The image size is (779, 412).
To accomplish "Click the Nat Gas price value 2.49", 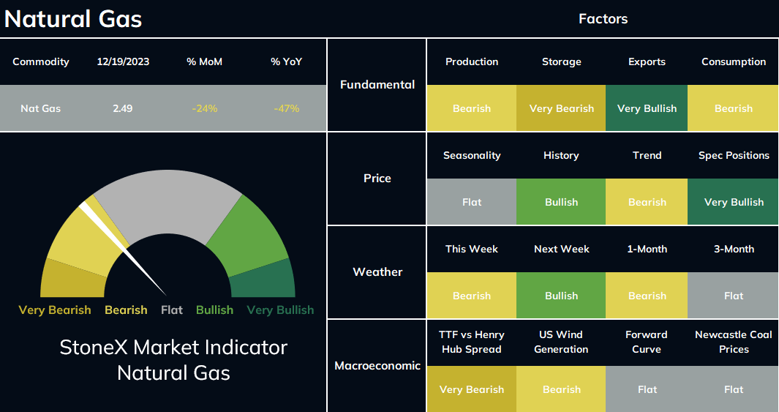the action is click(122, 108).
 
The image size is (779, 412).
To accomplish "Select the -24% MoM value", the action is click(204, 108).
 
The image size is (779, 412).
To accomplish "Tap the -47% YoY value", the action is click(286, 108).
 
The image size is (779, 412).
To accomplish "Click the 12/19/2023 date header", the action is click(123, 61).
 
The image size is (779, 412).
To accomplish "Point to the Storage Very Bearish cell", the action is click(562, 108).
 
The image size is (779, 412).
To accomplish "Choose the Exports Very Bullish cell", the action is click(647, 108).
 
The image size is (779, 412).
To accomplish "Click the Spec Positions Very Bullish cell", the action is click(734, 202).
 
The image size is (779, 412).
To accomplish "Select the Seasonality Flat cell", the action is click(472, 202).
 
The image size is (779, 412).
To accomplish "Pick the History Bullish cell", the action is click(562, 202).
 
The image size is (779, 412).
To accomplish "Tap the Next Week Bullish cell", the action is click(562, 296).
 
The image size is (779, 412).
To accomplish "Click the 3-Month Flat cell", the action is click(734, 296).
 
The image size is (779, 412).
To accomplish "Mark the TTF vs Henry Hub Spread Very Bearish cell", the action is click(472, 389).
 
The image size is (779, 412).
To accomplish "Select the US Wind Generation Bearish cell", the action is click(562, 389).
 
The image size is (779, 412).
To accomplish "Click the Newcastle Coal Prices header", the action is click(734, 342).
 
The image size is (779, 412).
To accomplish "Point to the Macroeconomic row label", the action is click(377, 366).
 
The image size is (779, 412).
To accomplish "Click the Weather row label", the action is click(377, 271).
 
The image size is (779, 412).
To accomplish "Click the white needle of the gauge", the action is click(123, 250).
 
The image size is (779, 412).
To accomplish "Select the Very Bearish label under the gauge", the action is click(55, 310).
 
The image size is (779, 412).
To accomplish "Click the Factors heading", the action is click(603, 19).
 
